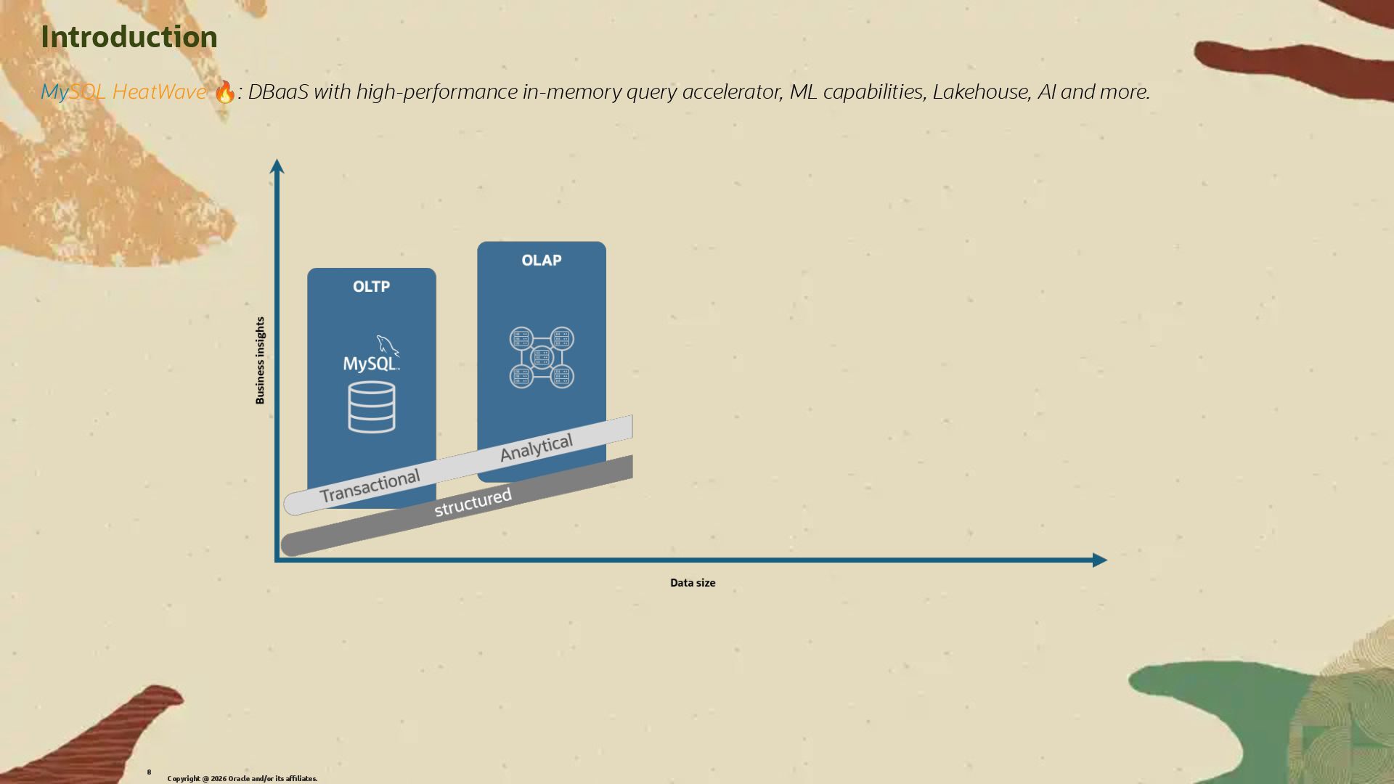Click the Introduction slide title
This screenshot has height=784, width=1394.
(x=129, y=37)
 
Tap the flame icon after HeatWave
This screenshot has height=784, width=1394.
(x=225, y=92)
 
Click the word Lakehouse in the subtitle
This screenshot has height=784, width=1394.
(x=980, y=92)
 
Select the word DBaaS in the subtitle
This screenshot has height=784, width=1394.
(x=278, y=92)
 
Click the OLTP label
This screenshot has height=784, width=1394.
(x=371, y=287)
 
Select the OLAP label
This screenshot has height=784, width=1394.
(x=542, y=261)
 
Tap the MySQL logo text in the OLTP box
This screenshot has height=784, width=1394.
(x=370, y=363)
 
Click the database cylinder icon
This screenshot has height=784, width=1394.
(x=372, y=407)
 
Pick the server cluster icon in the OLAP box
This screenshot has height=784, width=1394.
(x=542, y=358)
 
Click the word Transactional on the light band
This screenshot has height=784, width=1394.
(x=370, y=486)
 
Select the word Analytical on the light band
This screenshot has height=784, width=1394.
(x=537, y=448)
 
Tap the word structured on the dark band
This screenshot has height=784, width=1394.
(x=473, y=502)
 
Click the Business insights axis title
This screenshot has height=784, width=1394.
(x=260, y=360)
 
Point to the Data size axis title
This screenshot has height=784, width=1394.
(x=693, y=583)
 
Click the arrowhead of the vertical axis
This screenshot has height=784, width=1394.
(x=277, y=166)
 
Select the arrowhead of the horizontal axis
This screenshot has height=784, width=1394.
(x=1099, y=560)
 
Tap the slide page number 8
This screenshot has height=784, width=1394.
(x=149, y=772)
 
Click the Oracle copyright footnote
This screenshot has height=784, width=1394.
(x=242, y=779)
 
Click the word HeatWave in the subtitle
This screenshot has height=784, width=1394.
(x=159, y=92)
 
